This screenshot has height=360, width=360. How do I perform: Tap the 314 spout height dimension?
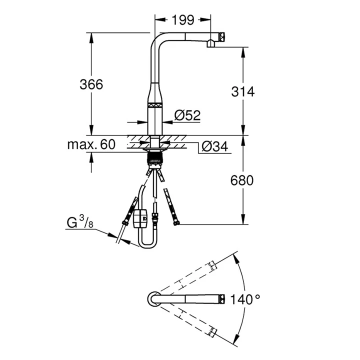tap(243, 91)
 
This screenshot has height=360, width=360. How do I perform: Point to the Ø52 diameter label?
tap(187, 115)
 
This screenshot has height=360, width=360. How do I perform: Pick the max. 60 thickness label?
tap(91, 145)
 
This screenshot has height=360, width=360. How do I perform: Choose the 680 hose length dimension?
tap(243, 180)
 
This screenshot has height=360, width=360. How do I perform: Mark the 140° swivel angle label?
tap(246, 299)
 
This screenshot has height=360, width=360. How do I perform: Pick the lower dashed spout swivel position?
tap(188, 320)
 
